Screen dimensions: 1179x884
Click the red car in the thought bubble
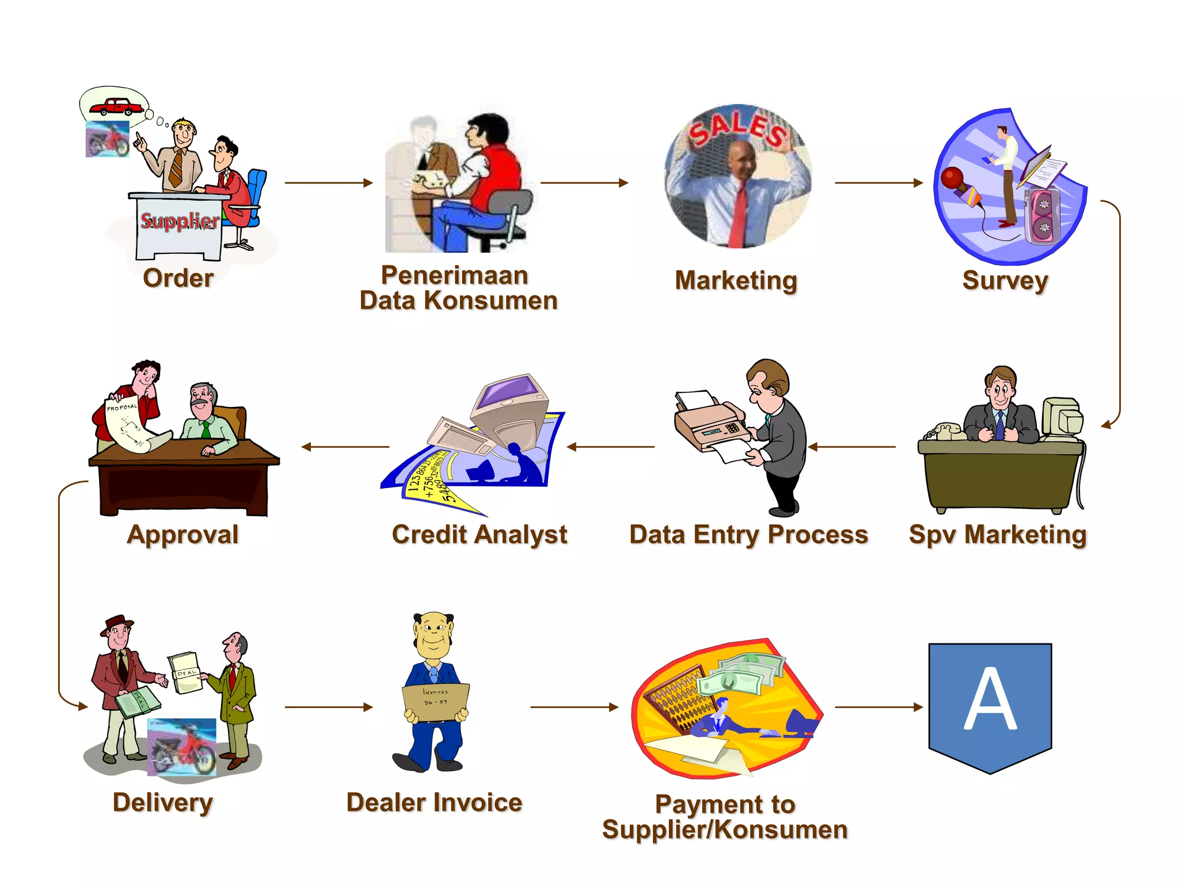click(x=117, y=106)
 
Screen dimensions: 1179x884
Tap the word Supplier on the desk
click(x=180, y=220)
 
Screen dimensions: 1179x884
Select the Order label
click(x=178, y=278)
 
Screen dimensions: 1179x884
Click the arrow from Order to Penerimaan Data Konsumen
click(x=329, y=183)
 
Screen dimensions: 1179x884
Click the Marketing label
click(x=736, y=281)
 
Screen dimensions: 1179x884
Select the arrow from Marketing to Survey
click(x=878, y=183)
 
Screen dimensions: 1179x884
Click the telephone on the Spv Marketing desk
click(x=945, y=431)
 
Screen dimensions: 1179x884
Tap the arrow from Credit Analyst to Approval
click(x=345, y=447)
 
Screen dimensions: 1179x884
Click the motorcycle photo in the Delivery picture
click(x=182, y=746)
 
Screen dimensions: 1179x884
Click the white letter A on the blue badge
click(x=990, y=699)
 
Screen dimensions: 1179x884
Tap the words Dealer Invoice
click(x=434, y=802)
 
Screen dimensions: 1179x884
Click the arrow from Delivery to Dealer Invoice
click(x=329, y=707)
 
